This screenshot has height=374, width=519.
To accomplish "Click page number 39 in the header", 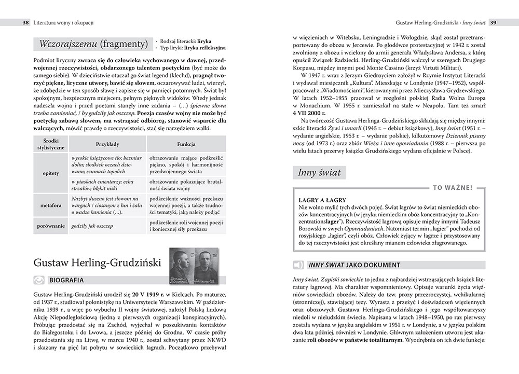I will tap(494, 22).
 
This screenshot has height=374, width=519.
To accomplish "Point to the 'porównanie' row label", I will tap(50, 226).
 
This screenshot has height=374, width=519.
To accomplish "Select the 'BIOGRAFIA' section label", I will tap(66, 281).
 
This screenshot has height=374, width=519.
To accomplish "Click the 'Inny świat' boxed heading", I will tap(319, 173).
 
